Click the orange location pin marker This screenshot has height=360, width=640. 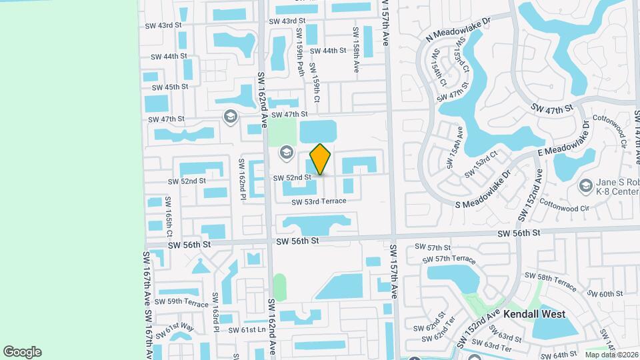coord(321,159)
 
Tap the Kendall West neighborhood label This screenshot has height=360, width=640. coord(534,313)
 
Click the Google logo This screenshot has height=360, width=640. coord(22,352)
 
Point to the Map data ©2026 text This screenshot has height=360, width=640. coord(611,355)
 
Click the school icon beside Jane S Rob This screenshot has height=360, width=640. coord(586,185)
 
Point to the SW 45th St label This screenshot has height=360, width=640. coord(170,87)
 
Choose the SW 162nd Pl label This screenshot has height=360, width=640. coord(242,178)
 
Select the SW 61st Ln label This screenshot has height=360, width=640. coord(247,330)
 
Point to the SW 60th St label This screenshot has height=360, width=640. coord(605,293)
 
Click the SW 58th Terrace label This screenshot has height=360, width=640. coord(550,281)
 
